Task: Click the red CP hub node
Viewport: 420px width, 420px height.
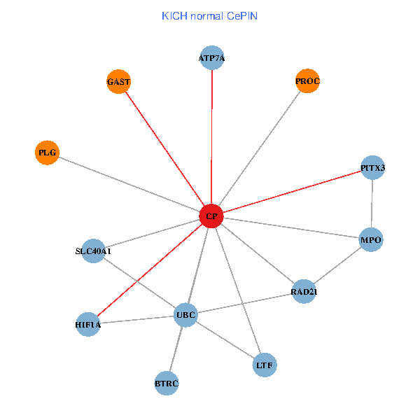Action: (211, 216)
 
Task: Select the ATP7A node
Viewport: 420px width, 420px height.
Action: (211, 58)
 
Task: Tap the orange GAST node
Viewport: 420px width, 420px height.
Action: (119, 82)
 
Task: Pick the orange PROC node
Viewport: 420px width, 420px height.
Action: (307, 81)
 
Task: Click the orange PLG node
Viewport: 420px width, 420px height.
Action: (47, 152)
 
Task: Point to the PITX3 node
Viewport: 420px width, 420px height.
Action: (372, 168)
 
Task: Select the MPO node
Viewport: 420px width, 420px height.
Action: (371, 240)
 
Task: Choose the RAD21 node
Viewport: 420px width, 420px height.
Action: (304, 291)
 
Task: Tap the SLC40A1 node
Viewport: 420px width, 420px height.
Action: (93, 251)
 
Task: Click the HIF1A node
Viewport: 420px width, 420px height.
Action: (88, 324)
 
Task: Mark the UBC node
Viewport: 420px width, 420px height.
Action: (185, 315)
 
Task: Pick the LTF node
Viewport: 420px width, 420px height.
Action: (265, 365)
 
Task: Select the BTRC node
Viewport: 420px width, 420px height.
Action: (167, 383)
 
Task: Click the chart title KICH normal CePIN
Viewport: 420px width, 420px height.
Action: (209, 15)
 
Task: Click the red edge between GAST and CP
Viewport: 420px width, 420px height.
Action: (164, 148)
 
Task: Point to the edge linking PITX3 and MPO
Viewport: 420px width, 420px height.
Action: (372, 204)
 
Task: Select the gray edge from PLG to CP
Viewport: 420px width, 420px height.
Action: (129, 184)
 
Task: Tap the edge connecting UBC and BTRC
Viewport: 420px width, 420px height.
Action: (176, 349)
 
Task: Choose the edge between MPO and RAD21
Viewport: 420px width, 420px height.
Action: (337, 266)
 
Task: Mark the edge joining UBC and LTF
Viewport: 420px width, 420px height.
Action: (225, 339)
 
